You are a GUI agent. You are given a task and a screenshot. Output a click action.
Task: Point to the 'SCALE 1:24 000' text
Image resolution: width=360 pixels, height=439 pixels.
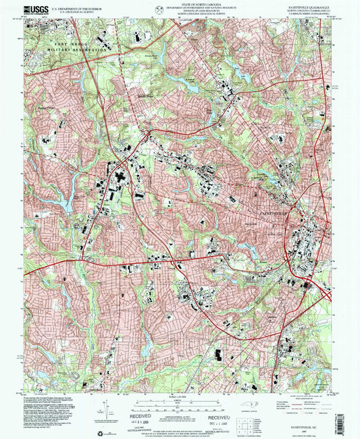pyautogui.click(x=179, y=396)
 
